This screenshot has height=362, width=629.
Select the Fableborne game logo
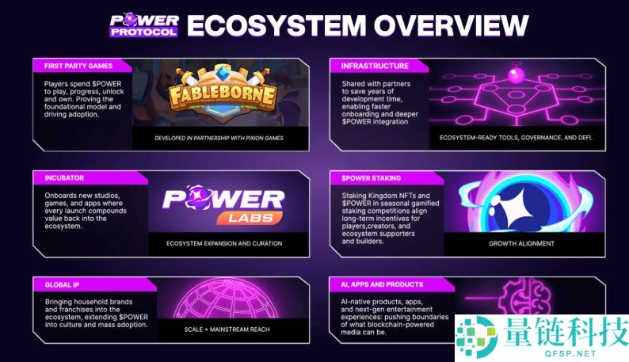[x=222, y=96]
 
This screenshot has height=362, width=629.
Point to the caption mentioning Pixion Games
[x=219, y=138]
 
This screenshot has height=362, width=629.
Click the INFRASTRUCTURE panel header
[x=375, y=66]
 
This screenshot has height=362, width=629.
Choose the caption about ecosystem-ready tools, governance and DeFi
[x=515, y=138]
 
